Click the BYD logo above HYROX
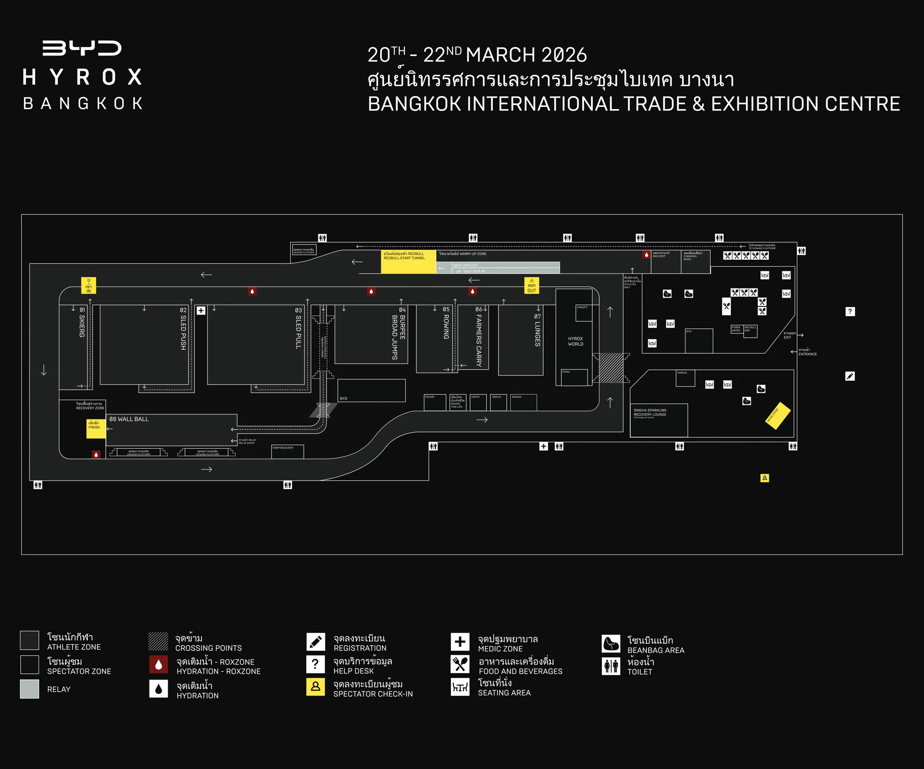click(82, 48)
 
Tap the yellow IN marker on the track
click(89, 286)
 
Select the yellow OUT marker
click(532, 286)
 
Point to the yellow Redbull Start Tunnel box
click(408, 262)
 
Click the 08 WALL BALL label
click(129, 419)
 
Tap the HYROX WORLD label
click(575, 342)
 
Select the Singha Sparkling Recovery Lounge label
click(650, 412)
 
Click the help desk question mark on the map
click(850, 311)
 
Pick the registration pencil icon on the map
click(850, 376)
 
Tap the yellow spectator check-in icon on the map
click(765, 478)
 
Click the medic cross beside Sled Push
click(201, 311)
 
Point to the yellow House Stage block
click(778, 415)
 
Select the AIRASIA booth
click(523, 402)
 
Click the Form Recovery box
click(287, 452)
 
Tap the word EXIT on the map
click(787, 337)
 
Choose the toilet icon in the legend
click(611, 666)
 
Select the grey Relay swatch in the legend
click(30, 689)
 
